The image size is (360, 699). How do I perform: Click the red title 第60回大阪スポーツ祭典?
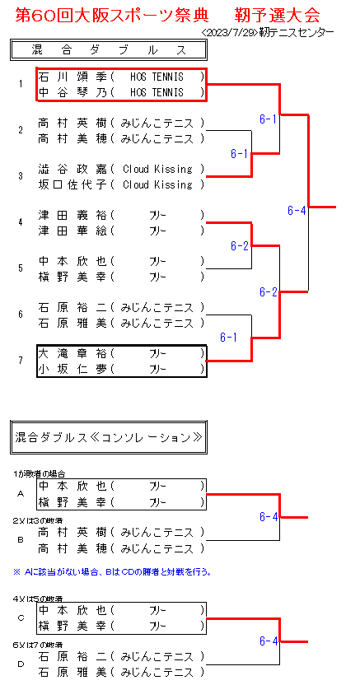coord(112,16)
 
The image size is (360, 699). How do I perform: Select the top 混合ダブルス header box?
coord(109,50)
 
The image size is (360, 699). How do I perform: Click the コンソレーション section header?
coord(109,437)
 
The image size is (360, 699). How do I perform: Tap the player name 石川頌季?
coord(72,77)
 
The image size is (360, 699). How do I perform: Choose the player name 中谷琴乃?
coord(72,93)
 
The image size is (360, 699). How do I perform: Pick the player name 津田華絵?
coord(72,231)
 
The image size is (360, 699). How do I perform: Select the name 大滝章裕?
coord(72,354)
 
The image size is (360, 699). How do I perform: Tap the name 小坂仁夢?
coord(72,369)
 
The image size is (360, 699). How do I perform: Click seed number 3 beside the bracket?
coord(21,176)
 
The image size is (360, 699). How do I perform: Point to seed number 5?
coord(21,268)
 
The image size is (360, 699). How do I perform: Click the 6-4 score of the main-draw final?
coord(297,211)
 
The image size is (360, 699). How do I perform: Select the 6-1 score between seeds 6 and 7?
coord(228,338)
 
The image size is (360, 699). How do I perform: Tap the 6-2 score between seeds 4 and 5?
coord(240,245)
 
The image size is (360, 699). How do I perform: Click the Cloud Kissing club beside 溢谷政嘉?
coord(157,170)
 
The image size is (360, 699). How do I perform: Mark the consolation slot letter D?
coord(21,664)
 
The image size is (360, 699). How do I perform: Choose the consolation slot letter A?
coord(21,494)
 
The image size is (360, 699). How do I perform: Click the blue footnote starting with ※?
coord(112,572)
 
